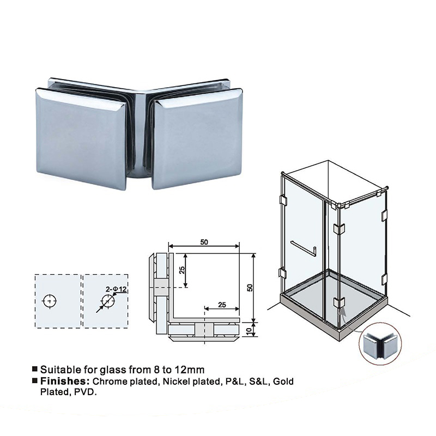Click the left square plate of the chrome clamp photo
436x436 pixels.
(x=81, y=139)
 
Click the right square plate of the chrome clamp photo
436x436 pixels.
(x=197, y=139)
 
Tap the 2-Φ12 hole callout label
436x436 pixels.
(x=116, y=289)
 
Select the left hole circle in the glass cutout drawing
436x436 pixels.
(x=50, y=301)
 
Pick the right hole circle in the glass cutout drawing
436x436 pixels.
(x=108, y=301)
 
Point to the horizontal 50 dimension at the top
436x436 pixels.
(x=204, y=242)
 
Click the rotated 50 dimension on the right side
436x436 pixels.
(x=250, y=288)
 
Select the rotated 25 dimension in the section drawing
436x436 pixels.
(x=182, y=270)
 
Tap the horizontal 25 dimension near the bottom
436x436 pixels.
(x=222, y=305)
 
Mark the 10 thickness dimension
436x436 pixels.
(x=249, y=330)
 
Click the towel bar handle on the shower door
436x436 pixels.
(x=304, y=249)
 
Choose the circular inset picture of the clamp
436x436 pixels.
(x=380, y=344)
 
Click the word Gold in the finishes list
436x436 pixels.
(x=283, y=381)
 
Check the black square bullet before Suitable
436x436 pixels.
(x=35, y=369)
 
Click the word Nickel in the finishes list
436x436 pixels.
(x=175, y=381)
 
